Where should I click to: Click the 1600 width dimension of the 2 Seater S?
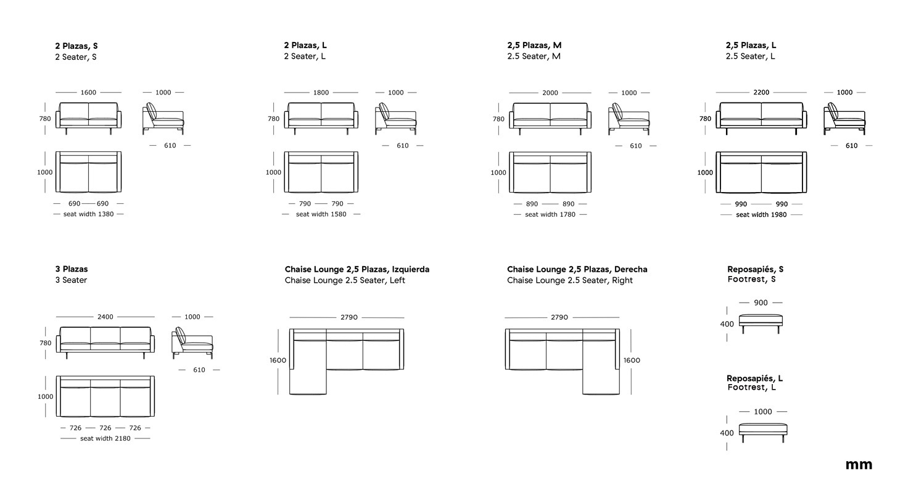click(x=88, y=93)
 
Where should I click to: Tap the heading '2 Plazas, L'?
click(x=305, y=45)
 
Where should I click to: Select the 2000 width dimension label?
click(x=550, y=93)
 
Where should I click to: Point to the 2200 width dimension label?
click(x=761, y=93)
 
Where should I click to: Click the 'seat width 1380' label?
click(x=88, y=214)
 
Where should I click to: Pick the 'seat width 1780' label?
click(x=550, y=215)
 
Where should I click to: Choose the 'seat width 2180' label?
click(x=105, y=438)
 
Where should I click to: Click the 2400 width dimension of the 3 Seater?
click(x=105, y=317)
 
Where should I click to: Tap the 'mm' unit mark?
click(x=859, y=465)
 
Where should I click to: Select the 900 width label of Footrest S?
click(x=761, y=303)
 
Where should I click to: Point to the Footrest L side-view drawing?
click(x=763, y=433)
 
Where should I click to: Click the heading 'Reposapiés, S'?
click(x=756, y=269)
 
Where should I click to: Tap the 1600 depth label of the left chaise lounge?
click(x=278, y=361)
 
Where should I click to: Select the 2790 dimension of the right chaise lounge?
click(x=559, y=317)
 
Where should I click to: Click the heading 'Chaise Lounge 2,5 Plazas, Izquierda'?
click(x=357, y=269)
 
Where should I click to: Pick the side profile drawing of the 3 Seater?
click(x=192, y=343)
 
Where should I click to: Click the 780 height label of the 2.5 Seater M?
click(x=498, y=119)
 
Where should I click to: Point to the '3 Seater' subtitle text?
click(x=71, y=280)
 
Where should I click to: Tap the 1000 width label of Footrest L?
click(x=763, y=412)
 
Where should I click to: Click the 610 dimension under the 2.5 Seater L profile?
click(x=851, y=146)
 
